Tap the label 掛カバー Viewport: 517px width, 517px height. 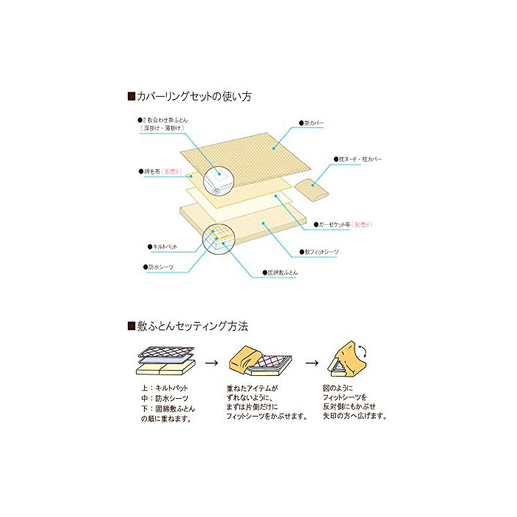314,122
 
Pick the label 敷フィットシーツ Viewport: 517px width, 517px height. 323,252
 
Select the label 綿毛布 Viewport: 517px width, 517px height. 151,171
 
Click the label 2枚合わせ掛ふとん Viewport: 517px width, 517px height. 165,120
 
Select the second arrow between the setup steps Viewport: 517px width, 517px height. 312,363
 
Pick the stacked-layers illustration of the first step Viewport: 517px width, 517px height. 165,362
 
